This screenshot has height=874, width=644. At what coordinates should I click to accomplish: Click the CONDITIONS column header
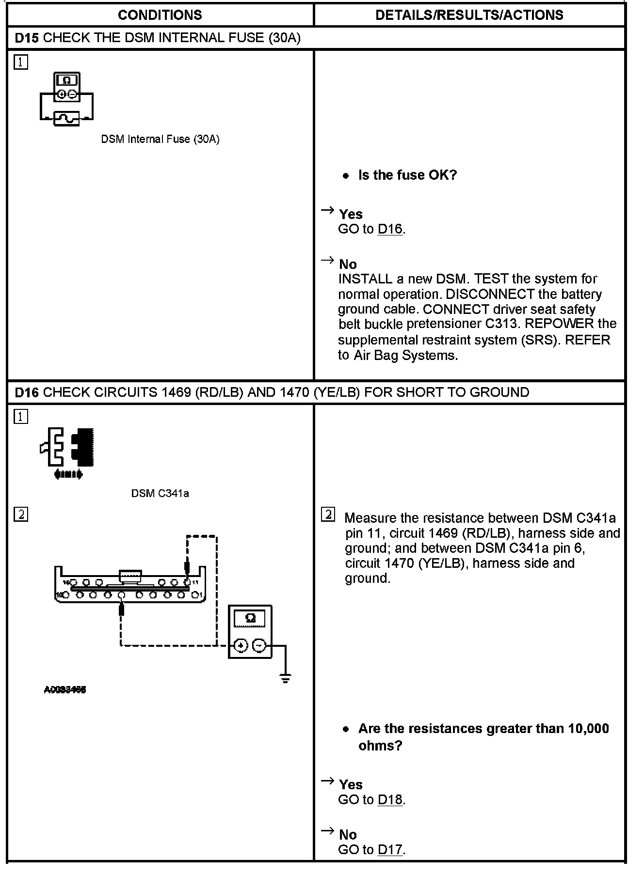(160, 15)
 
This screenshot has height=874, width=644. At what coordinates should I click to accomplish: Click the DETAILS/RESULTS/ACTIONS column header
(469, 15)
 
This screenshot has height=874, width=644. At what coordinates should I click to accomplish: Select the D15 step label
(27, 38)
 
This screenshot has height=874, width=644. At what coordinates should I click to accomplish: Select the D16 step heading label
(27, 392)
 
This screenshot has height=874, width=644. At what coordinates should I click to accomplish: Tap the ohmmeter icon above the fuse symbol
(67, 87)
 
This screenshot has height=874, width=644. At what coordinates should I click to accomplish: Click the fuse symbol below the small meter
(66, 118)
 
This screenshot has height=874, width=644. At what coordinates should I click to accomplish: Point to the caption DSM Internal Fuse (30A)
(160, 140)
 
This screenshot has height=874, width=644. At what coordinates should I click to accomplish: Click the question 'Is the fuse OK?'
(407, 175)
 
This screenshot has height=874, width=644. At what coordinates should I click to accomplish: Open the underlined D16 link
(390, 229)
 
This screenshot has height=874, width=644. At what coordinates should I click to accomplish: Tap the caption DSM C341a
(160, 494)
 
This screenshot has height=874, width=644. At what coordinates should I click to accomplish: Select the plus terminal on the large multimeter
(241, 645)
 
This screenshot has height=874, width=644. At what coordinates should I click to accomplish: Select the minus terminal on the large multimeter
(259, 645)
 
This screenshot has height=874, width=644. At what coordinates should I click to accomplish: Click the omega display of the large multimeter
(250, 619)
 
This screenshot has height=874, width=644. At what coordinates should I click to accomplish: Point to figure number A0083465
(65, 690)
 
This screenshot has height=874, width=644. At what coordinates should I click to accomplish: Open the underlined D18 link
(390, 800)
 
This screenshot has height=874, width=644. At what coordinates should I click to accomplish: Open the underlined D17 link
(390, 850)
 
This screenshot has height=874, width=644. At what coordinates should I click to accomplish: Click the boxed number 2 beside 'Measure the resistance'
(328, 515)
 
